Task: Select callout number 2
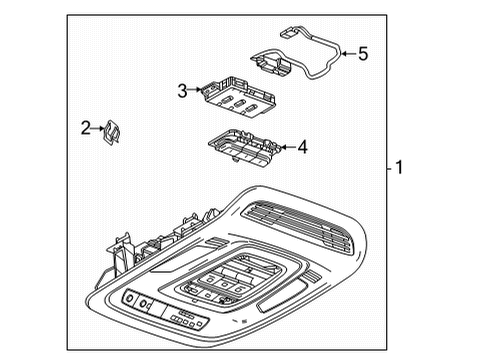click(x=86, y=127)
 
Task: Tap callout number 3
click(x=182, y=91)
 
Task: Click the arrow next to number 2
click(x=98, y=127)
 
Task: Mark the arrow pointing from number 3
click(x=195, y=91)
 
